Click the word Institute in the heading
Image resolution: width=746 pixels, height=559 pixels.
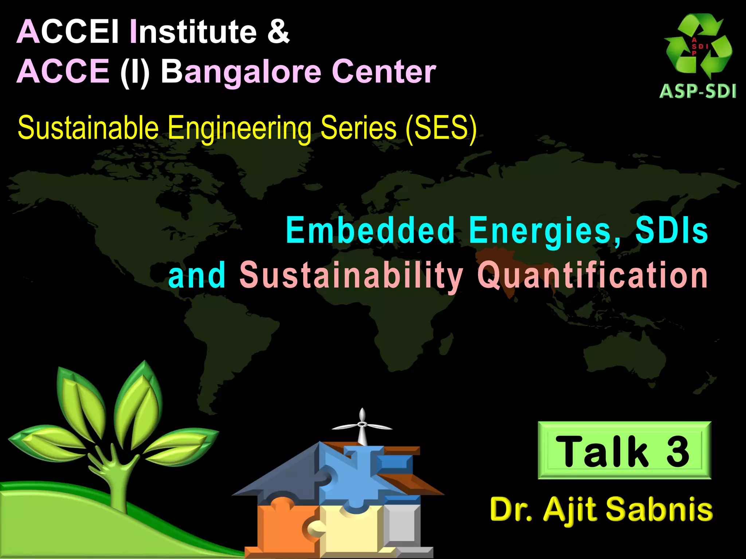click(193, 32)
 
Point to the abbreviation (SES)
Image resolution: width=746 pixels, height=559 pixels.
click(441, 128)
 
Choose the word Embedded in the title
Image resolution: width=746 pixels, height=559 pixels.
click(370, 230)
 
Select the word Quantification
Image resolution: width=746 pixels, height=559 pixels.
click(592, 275)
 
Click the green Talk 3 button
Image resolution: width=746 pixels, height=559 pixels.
click(624, 450)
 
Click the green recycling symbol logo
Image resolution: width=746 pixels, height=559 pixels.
click(698, 45)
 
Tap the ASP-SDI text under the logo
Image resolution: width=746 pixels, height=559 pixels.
click(698, 91)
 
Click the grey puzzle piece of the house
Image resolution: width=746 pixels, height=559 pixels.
click(403, 524)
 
